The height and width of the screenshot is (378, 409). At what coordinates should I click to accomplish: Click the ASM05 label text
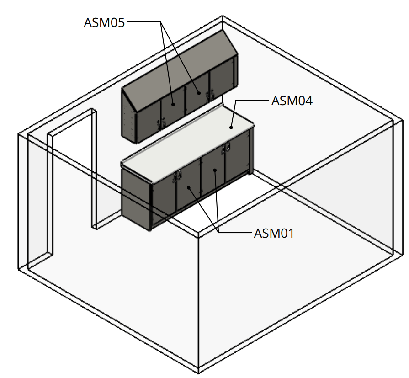(x=104, y=22)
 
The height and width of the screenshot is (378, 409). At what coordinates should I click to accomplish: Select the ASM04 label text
(x=292, y=101)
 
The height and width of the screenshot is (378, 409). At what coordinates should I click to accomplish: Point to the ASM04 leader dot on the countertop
(x=232, y=128)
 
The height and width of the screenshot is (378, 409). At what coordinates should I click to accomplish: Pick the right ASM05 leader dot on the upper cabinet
(x=199, y=93)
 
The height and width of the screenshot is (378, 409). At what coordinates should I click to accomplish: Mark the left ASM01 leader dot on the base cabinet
(x=188, y=187)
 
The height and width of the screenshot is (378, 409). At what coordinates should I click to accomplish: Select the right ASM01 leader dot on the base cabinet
(x=215, y=171)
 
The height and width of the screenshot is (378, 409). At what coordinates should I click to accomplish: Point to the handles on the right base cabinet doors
(x=225, y=148)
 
